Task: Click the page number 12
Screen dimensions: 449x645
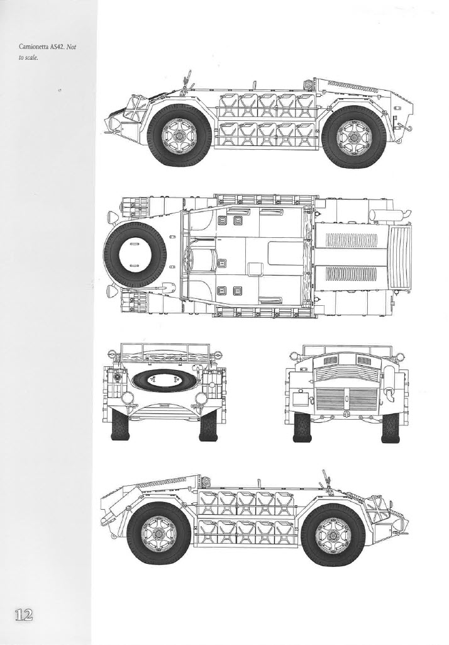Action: point(24,615)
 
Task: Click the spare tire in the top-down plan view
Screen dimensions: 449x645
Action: point(135,255)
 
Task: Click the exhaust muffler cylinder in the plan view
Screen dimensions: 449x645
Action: point(384,215)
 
